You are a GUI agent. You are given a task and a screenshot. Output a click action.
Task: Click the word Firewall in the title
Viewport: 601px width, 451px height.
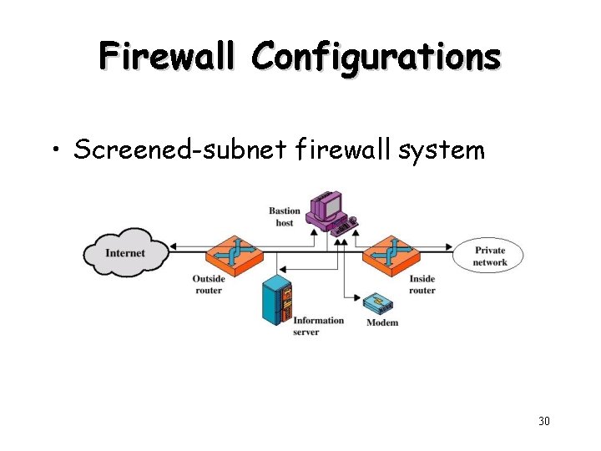pyautogui.click(x=170, y=57)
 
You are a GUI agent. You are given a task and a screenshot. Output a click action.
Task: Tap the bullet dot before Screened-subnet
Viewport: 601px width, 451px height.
pyautogui.click(x=56, y=151)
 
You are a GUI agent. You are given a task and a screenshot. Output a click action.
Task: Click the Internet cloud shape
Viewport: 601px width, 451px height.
pyautogui.click(x=125, y=252)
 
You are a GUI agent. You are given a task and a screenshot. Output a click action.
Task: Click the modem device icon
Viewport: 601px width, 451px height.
pyautogui.click(x=381, y=303)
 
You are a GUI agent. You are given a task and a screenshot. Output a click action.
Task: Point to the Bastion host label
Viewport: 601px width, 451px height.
pyautogui.click(x=285, y=216)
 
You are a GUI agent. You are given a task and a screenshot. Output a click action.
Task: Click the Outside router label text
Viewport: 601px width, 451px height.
pyautogui.click(x=208, y=285)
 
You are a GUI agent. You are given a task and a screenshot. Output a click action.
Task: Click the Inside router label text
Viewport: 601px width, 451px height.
pyautogui.click(x=422, y=285)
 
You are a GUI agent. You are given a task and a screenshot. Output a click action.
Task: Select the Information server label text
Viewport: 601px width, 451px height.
pyautogui.click(x=318, y=326)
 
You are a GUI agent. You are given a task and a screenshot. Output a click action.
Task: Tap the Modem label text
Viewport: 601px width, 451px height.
pyautogui.click(x=382, y=322)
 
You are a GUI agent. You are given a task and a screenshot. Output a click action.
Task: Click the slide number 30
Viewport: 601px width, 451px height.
pyautogui.click(x=543, y=421)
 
